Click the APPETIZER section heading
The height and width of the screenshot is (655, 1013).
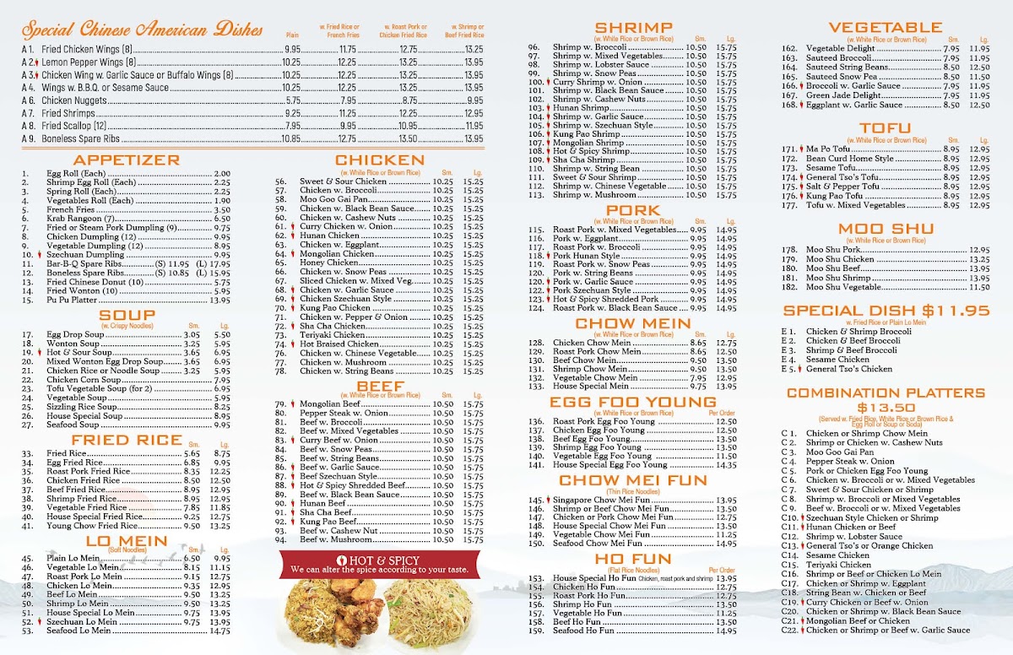coord(126,160)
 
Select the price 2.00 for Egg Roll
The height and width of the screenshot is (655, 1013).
coord(222,174)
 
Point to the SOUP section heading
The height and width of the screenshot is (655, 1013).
coord(126,316)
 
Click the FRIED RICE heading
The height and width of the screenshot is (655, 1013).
coord(127,440)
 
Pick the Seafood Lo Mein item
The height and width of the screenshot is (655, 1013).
coord(79,631)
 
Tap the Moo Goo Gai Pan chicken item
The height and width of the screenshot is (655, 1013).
coord(332,199)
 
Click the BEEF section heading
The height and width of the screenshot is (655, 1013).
coord(379,387)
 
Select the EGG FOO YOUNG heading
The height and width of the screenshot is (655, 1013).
coord(632,402)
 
